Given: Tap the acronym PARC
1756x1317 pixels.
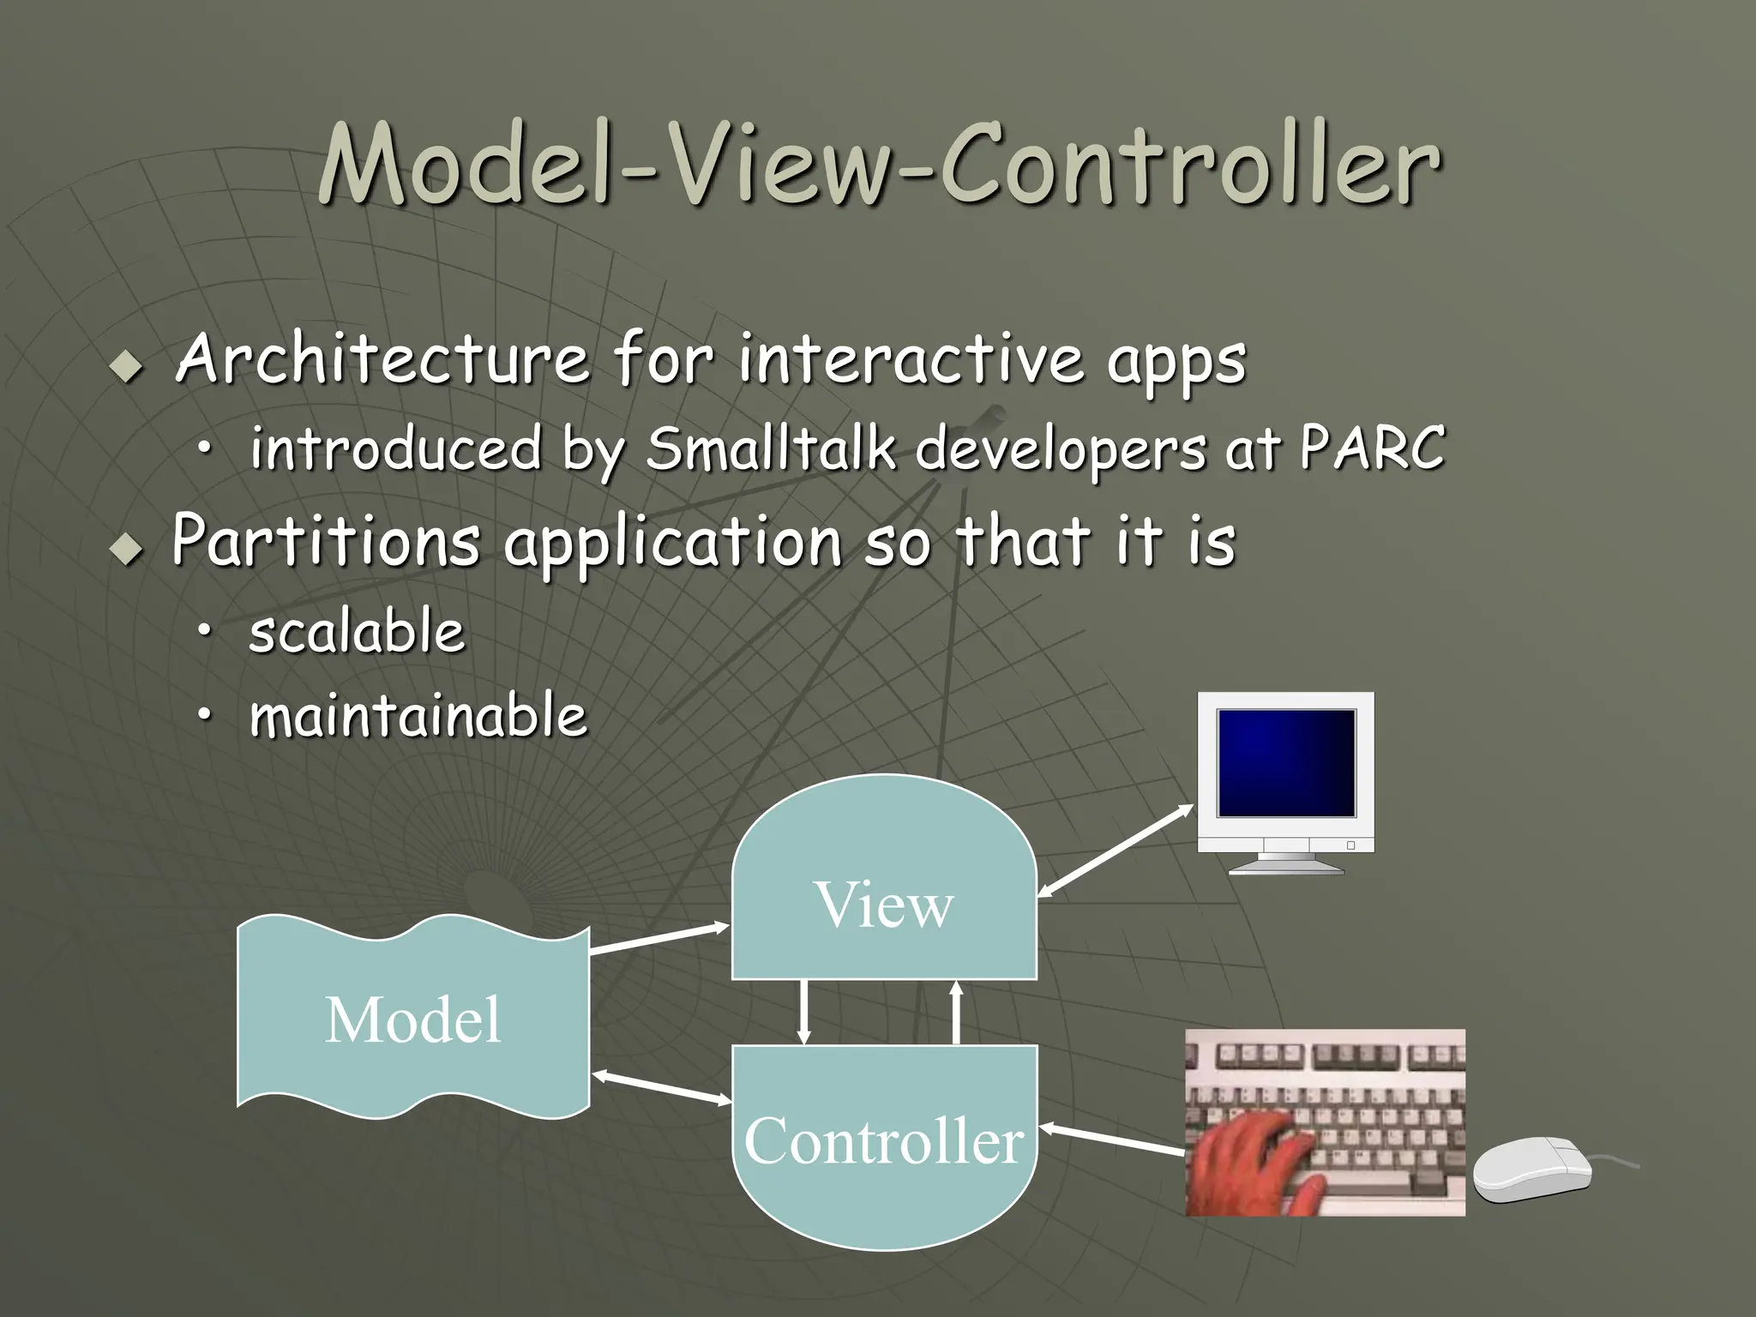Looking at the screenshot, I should pyautogui.click(x=1372, y=448).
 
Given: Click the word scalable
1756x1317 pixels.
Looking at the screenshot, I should pyautogui.click(x=357, y=632).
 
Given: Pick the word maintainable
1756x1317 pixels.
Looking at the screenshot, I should pyautogui.click(x=418, y=717).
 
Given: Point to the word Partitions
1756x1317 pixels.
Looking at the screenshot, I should pyautogui.click(x=326, y=541).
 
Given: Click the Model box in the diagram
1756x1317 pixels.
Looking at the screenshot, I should pyautogui.click(x=413, y=1019).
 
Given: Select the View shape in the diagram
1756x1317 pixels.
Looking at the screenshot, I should pyautogui.click(x=884, y=892).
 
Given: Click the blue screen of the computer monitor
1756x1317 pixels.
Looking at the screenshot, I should pyautogui.click(x=1286, y=762).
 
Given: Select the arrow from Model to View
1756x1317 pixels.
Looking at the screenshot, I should pyautogui.click(x=658, y=939).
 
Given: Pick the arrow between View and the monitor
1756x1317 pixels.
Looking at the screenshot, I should pyautogui.click(x=1115, y=851).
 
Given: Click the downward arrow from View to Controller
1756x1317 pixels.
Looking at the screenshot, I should pyautogui.click(x=803, y=1012).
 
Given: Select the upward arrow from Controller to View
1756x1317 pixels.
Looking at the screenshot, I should pyautogui.click(x=957, y=1012).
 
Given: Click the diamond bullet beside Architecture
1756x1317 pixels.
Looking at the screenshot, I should pyautogui.click(x=128, y=367).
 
